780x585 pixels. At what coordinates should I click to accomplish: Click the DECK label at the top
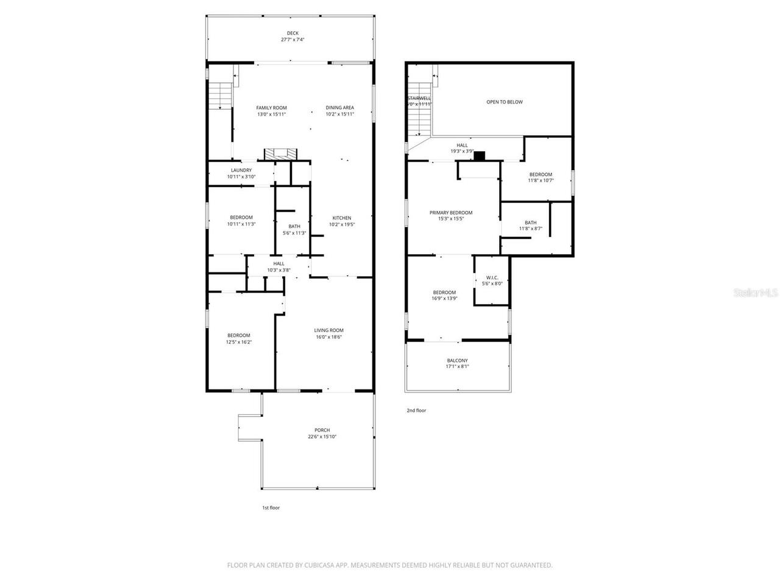[292, 34]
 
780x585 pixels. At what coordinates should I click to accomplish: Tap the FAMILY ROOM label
[271, 108]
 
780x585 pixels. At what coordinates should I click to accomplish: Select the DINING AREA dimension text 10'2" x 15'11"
[339, 114]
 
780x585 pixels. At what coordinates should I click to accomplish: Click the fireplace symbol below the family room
[282, 154]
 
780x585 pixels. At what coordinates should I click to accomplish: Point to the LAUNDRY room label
[241, 171]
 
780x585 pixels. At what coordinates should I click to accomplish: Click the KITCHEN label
[341, 218]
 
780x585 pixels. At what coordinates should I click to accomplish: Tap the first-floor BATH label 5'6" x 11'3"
[294, 227]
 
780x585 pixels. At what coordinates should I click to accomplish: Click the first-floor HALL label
[278, 264]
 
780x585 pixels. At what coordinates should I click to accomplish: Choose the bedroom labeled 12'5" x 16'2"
[239, 336]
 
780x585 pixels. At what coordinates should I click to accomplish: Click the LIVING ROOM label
[329, 331]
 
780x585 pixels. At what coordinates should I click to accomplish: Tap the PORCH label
[322, 430]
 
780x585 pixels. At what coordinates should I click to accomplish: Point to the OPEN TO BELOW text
[504, 102]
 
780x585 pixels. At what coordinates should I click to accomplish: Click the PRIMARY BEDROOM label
[451, 213]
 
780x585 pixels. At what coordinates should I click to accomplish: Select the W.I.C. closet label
[492, 277]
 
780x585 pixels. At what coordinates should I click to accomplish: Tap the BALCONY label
[457, 361]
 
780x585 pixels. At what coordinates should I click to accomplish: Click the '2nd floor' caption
[416, 411]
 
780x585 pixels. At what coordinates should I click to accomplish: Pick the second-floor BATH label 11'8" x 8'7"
[530, 223]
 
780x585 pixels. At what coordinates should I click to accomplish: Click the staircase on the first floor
[219, 96]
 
